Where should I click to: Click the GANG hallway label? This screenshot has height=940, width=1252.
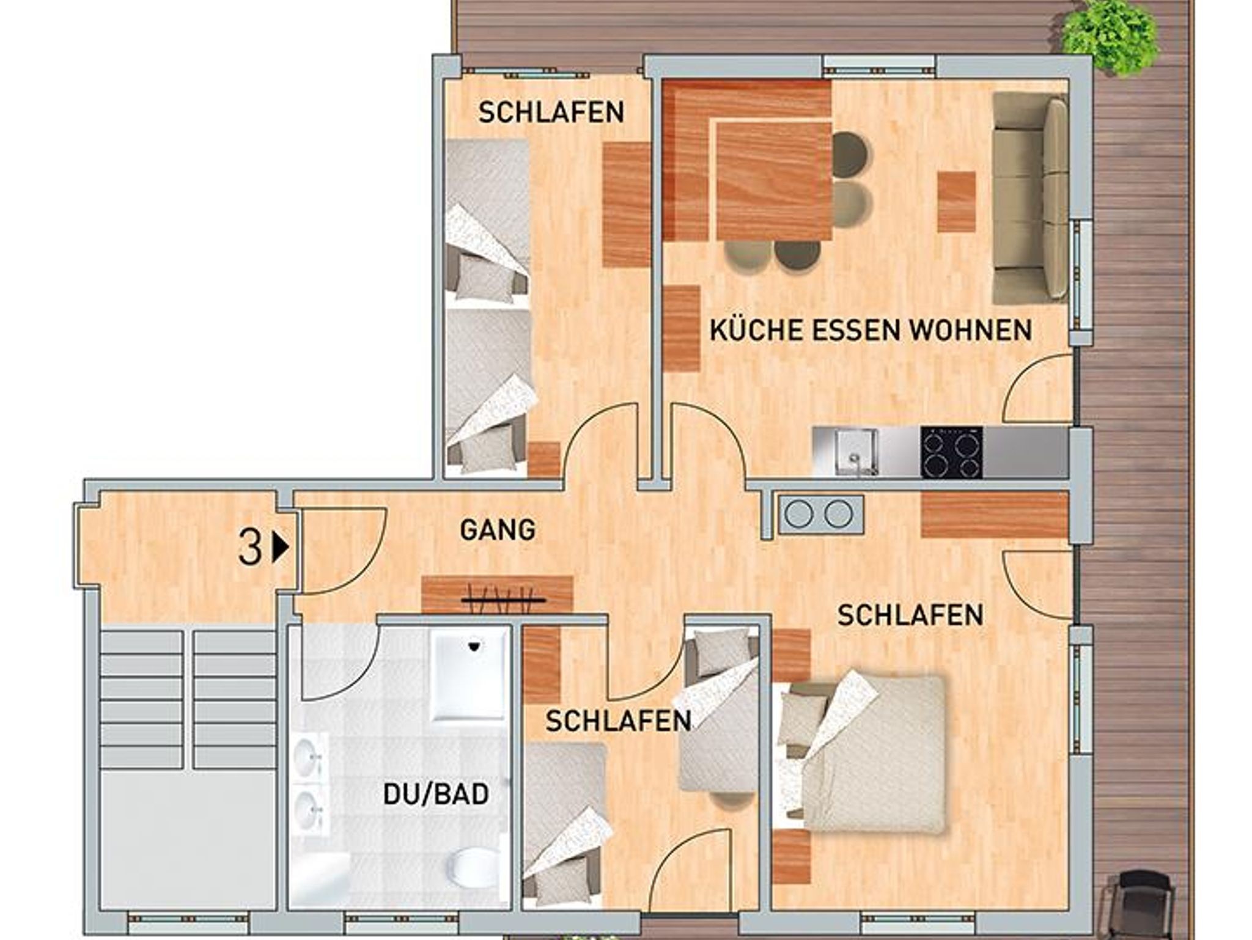498,530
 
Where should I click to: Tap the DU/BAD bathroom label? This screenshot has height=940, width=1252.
436,794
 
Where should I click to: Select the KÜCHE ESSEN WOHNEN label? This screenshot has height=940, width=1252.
871,330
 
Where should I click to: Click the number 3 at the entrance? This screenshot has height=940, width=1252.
250,548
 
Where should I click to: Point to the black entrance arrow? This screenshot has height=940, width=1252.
281,548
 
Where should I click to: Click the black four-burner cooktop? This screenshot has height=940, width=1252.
951,452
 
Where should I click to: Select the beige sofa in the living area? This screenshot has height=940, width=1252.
1029,198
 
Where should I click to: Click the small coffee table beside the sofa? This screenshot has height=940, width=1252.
957,201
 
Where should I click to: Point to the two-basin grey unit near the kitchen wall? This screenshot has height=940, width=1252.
820,513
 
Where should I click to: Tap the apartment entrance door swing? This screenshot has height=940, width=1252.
342,550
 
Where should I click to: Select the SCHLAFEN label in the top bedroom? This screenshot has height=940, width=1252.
551,112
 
